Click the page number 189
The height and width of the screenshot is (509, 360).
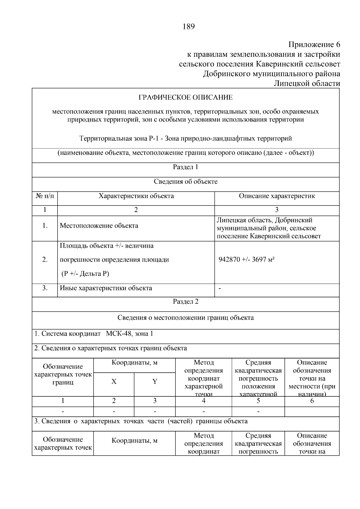tap(189, 27)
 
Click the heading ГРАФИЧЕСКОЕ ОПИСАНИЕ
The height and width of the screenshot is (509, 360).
tap(185, 97)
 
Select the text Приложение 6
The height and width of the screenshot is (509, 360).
tap(314, 45)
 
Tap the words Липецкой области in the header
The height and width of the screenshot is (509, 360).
tap(307, 83)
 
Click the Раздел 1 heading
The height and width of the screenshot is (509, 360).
tap(185, 167)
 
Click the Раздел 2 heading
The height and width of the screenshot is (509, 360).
tap(185, 301)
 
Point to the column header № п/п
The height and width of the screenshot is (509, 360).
tap(45, 196)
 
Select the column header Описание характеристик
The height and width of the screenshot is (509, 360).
tap(277, 196)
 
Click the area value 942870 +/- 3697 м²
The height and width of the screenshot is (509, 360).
tap(247, 260)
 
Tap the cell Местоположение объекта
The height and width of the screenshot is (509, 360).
tap(99, 226)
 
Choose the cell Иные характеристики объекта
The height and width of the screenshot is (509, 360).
tap(106, 288)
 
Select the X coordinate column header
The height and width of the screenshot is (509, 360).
tap(114, 382)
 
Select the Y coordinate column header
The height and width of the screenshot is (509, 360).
tap(155, 382)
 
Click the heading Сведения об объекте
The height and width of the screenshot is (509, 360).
tap(185, 181)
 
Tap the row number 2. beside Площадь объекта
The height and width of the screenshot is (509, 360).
tap(45, 260)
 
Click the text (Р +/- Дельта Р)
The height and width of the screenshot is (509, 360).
tap(85, 274)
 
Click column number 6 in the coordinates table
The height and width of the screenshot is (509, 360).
tap(312, 401)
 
